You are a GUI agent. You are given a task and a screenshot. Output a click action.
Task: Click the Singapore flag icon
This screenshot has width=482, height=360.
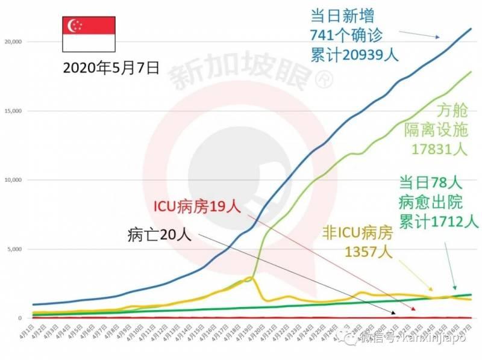pos(89,33)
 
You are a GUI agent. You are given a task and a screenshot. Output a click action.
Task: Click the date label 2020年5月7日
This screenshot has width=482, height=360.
pos(111,68)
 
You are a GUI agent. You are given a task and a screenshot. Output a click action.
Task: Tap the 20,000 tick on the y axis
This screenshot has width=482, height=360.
pos(13,42)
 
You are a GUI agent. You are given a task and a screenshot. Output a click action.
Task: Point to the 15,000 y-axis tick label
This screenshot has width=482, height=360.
pos(13,111)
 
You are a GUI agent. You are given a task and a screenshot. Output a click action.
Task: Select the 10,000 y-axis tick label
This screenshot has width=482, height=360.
pos(13,180)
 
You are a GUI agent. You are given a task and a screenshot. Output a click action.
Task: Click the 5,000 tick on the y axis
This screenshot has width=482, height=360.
pos(15,249)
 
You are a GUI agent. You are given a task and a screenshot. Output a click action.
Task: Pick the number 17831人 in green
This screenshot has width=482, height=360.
pos(440,148)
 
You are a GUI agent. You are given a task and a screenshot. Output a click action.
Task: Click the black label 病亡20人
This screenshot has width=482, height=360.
pos(160,235)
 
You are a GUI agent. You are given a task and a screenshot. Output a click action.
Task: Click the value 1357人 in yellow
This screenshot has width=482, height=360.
pos(368,250)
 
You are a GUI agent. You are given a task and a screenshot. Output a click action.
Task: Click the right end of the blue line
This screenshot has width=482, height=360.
pos(471,28)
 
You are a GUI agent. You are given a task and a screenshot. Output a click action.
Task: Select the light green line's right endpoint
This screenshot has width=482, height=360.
pos(471,72)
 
